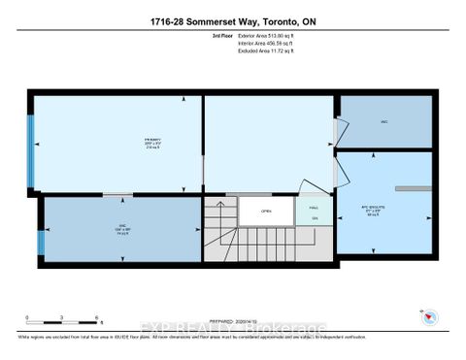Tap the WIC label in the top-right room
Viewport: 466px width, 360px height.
(383, 122)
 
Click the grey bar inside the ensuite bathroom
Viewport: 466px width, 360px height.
(412, 187)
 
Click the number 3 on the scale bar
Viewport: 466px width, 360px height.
(61, 317)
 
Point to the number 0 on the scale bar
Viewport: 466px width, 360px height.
(28, 317)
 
